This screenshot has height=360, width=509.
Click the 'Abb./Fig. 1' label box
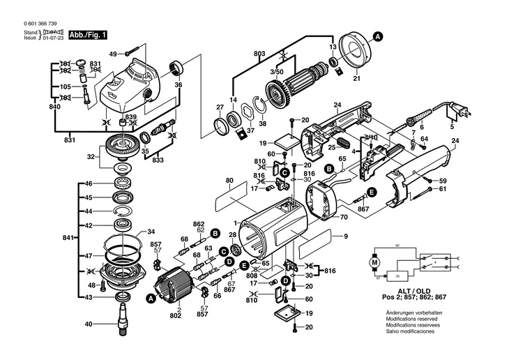click(87, 34)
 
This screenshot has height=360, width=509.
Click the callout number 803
click(259, 54)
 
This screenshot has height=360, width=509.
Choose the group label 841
click(66, 239)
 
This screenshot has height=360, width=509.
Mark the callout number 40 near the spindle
click(89, 324)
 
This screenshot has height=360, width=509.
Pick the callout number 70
click(343, 218)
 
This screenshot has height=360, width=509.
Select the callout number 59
click(442, 181)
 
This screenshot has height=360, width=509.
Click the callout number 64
click(424, 139)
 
